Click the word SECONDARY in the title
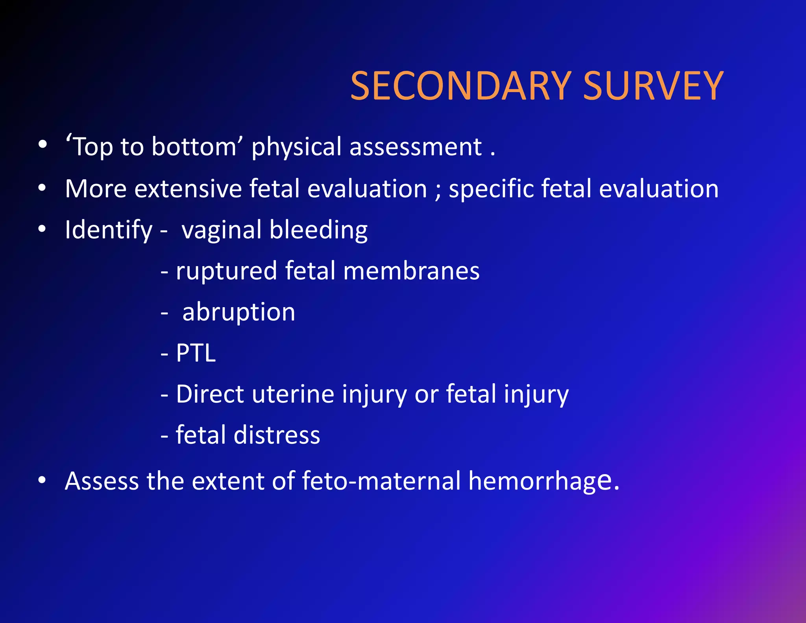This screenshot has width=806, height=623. coord(460,86)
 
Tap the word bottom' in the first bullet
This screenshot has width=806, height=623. coord(197,147)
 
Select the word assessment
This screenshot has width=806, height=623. coord(416,147)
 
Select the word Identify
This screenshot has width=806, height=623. coord(109,230)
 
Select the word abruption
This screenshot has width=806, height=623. coord(239,312)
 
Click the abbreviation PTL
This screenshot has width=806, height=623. coord(196,353)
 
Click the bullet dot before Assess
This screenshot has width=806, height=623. coord(42,480)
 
